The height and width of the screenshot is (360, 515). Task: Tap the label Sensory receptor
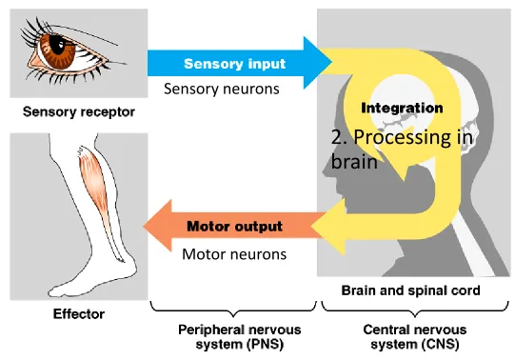(79, 112)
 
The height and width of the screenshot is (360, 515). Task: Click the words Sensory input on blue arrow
(234, 64)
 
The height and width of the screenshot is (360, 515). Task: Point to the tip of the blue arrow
(331, 62)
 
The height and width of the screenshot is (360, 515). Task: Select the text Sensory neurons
(222, 89)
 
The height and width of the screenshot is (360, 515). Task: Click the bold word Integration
(402, 108)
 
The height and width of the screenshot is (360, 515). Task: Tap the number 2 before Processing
(339, 137)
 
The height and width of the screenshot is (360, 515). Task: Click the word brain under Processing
(354, 162)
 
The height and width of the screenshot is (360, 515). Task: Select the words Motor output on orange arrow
(234, 227)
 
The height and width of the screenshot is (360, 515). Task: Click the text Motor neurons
(234, 254)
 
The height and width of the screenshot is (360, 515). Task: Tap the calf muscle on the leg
(95, 178)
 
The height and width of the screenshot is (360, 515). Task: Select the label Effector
(79, 314)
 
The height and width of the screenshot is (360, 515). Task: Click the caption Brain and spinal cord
(410, 290)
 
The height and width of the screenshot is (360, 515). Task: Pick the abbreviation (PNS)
(264, 345)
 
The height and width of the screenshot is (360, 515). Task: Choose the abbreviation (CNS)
(440, 345)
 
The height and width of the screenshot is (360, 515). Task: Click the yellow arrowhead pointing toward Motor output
(327, 227)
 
